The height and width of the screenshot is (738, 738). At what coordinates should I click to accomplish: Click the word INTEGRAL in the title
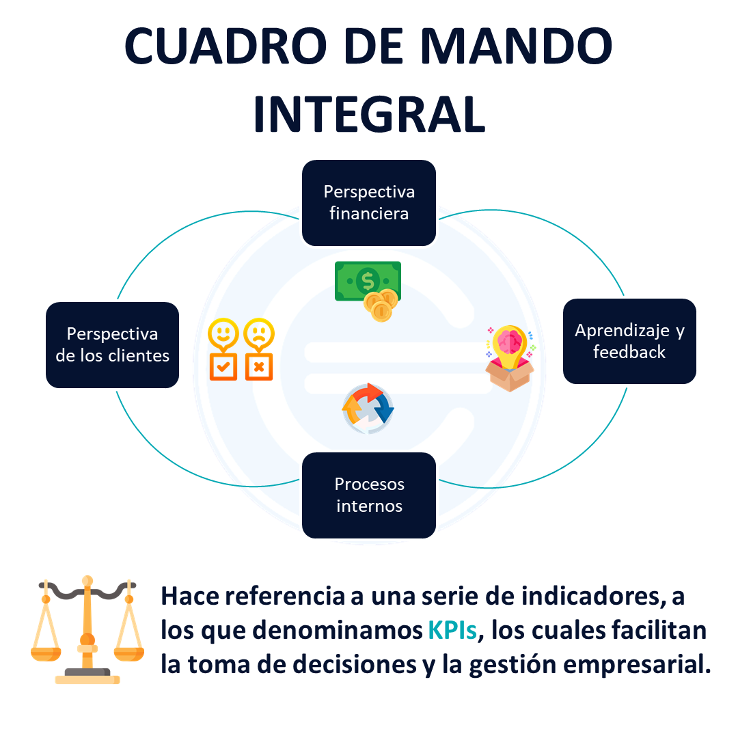click(370, 114)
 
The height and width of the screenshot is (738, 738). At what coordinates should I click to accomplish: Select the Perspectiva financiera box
click(369, 203)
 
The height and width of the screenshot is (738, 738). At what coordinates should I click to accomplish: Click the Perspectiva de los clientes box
click(113, 345)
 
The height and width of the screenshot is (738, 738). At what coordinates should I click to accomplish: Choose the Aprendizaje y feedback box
click(629, 341)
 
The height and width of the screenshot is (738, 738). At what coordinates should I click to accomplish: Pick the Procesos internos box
click(369, 495)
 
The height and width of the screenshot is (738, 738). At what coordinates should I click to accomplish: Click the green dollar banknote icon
click(368, 281)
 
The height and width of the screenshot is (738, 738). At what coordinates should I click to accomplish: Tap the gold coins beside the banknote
click(381, 305)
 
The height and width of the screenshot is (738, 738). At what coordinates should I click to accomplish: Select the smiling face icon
click(223, 334)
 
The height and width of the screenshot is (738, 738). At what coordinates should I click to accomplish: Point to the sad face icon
click(259, 334)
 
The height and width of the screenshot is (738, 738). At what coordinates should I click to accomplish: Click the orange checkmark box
click(223, 367)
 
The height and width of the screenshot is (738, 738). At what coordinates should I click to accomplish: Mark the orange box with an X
click(259, 367)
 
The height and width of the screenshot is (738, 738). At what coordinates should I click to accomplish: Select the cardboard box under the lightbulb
click(510, 375)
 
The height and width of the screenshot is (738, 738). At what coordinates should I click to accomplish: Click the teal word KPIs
click(452, 630)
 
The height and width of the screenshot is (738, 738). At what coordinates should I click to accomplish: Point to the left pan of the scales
click(46, 654)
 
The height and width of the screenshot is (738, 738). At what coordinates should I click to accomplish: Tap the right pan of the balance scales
click(129, 654)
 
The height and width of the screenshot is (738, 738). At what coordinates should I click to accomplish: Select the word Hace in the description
click(190, 597)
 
